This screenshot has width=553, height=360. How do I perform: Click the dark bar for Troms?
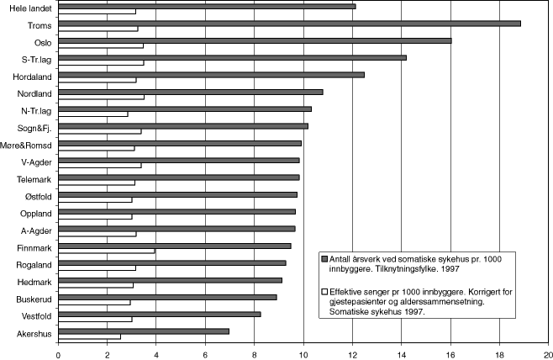tap(289, 24)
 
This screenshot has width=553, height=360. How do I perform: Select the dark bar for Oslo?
tap(255, 40)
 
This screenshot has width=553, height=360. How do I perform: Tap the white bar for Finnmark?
tap(107, 251)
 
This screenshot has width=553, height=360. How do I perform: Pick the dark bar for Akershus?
tap(144, 331)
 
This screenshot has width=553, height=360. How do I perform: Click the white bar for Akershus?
tap(89, 336)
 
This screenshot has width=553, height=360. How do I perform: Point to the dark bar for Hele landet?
tap(207, 7)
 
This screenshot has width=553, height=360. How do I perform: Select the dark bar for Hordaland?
tap(211, 75)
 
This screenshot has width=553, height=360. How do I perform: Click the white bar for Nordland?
tap(101, 97)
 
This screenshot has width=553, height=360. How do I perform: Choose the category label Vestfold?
tap(36, 316)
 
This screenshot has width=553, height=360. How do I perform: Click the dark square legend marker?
tap(324, 259)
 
